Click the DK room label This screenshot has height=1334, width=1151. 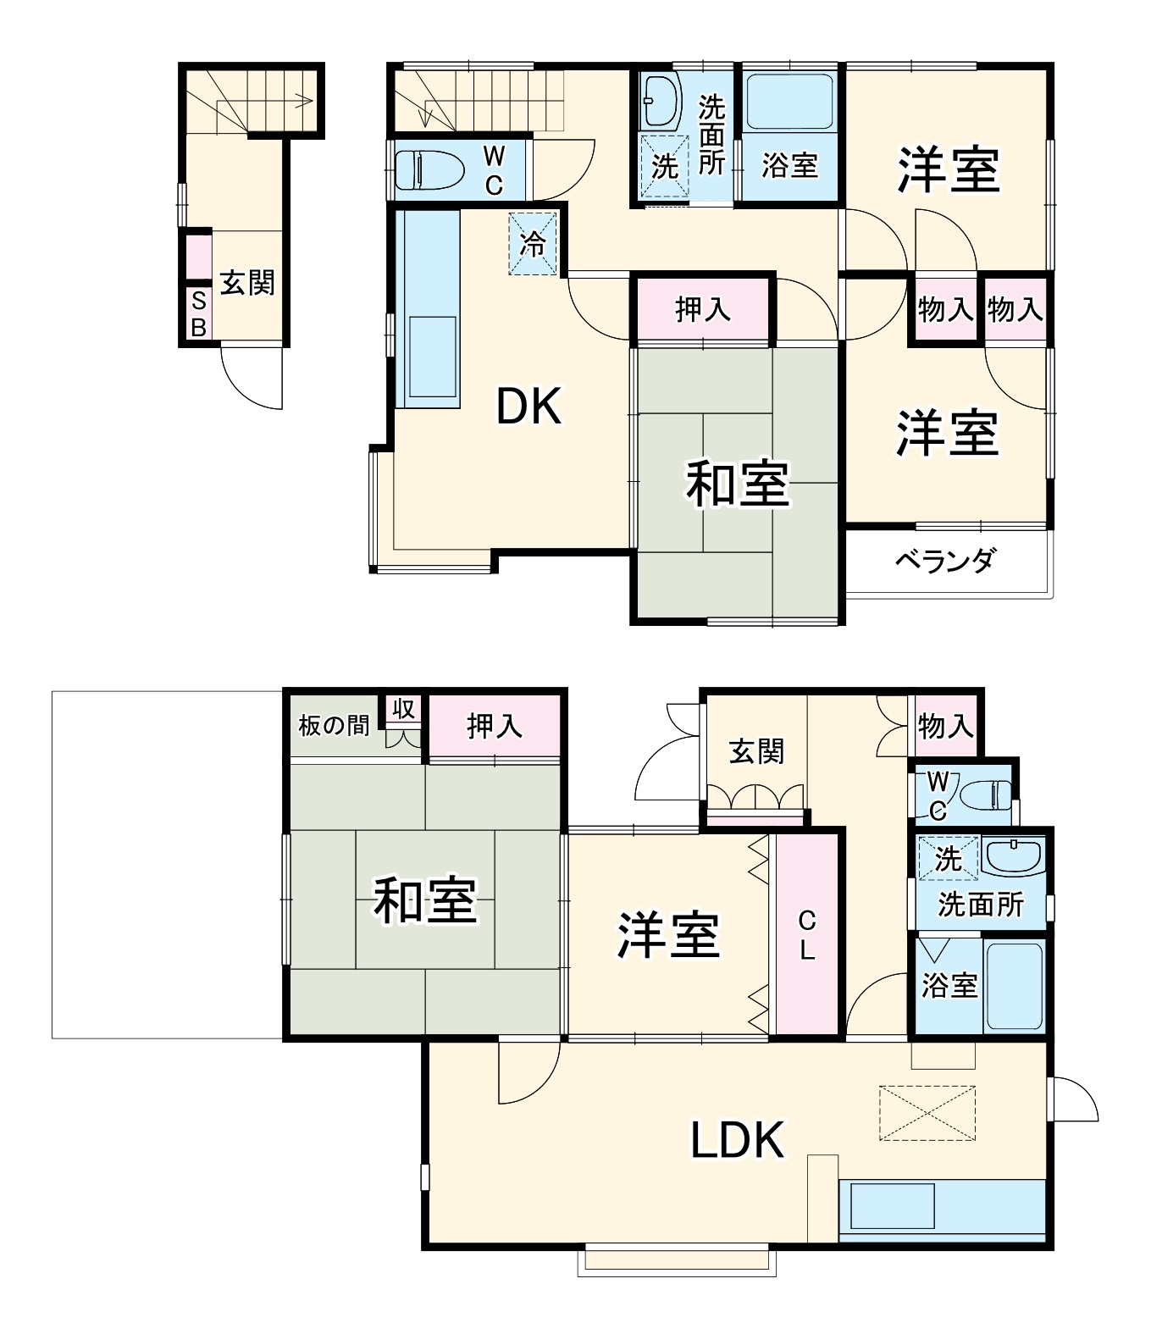pos(528,407)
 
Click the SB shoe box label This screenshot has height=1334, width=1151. pos(198,314)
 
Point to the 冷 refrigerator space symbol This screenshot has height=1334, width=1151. pos(533,244)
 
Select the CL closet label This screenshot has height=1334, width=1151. pos(806,935)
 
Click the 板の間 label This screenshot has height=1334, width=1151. pos(334,726)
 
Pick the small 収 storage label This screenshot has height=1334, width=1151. pos(403,708)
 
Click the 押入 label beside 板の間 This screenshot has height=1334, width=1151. pos(495,726)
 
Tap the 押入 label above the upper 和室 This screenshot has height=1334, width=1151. pos(702,310)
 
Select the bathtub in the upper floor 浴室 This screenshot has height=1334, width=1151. pos(789,102)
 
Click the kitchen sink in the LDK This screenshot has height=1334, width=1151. pos(892,1207)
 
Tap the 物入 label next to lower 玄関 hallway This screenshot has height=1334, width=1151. pos(945,726)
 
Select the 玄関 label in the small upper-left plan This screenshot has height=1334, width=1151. pos(247,282)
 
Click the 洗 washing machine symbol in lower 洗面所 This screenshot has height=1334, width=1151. pos(948,859)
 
